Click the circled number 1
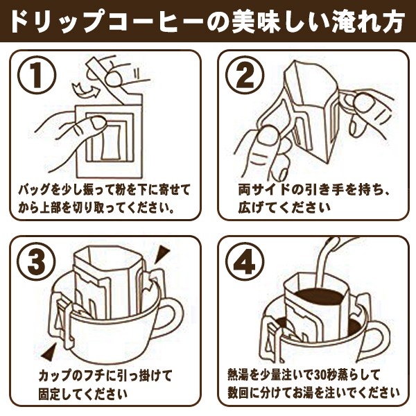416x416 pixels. (37, 75)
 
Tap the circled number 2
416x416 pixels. (245, 75)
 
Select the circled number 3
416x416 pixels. (37, 261)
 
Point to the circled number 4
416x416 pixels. (245, 261)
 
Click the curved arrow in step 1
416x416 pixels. (85, 89)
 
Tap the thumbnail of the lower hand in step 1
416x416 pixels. (98, 123)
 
